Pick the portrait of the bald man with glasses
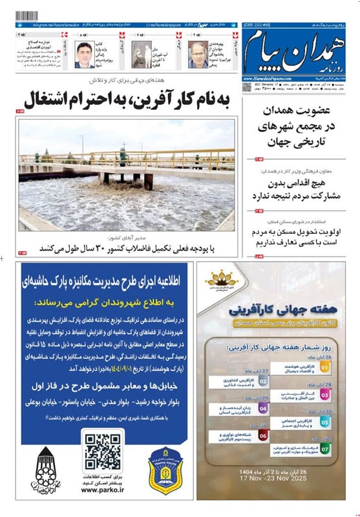(x=198, y=54)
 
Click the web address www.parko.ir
(x=103, y=489)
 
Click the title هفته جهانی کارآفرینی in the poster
(x=276, y=310)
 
